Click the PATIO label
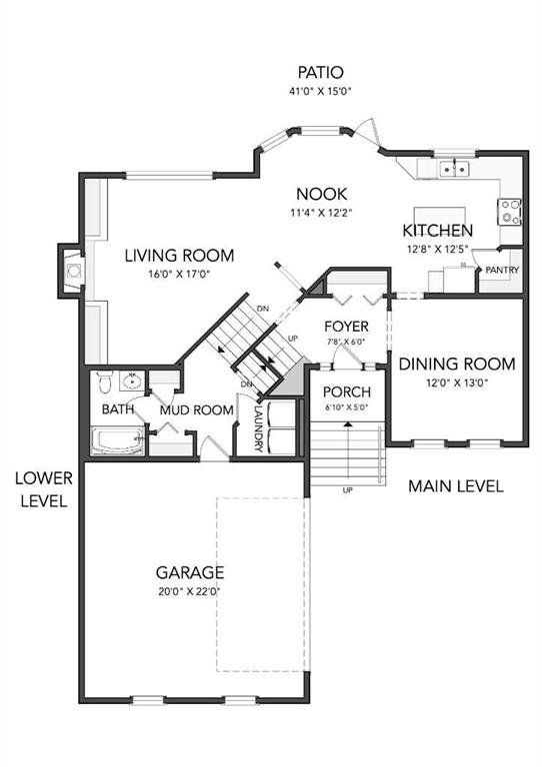tap(321, 72)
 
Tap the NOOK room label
tap(322, 194)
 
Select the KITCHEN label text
tap(437, 231)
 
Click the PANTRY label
tap(502, 270)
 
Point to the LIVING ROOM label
tap(179, 256)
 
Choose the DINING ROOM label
tap(457, 364)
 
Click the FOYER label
tap(346, 327)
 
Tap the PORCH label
tap(347, 391)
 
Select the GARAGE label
tap(190, 572)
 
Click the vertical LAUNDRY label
tap(259, 426)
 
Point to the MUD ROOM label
tap(196, 409)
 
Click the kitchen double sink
tap(454, 169)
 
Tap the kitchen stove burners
tap(510, 212)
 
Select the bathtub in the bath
tap(118, 440)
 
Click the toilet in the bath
tap(105, 382)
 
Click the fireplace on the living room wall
tap(72, 271)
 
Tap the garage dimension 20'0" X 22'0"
tap(189, 591)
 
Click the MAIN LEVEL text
tap(455, 486)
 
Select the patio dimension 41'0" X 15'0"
tap(321, 91)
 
